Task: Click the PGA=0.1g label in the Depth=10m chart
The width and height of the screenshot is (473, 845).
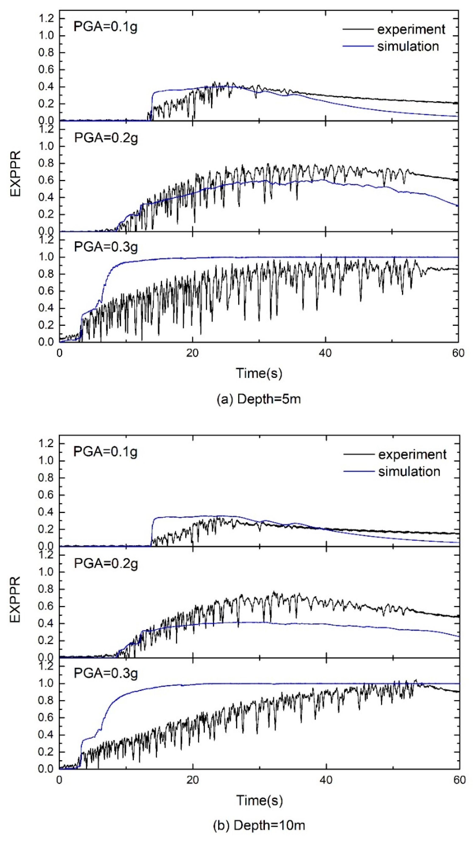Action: (105, 452)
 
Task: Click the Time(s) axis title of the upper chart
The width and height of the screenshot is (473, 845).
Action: (259, 373)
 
